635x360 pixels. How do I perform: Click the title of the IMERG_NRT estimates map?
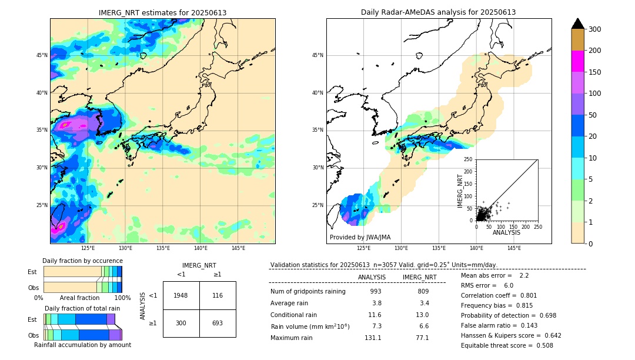(162, 12)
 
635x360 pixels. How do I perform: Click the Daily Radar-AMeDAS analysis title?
(438, 12)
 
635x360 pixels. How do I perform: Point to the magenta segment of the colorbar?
(578, 61)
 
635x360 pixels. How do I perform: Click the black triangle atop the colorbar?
(578, 24)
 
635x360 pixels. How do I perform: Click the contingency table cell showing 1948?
(181, 295)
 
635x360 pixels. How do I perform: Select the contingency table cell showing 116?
(218, 295)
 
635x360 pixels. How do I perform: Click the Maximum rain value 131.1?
(373, 338)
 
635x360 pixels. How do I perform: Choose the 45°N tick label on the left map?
(42, 55)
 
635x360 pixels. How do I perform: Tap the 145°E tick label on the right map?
(514, 248)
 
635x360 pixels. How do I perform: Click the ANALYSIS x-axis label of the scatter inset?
(506, 232)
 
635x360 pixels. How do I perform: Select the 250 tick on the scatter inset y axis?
(469, 159)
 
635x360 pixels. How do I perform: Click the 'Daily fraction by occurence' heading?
(82, 261)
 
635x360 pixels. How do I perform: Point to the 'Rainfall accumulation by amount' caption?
(82, 345)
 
